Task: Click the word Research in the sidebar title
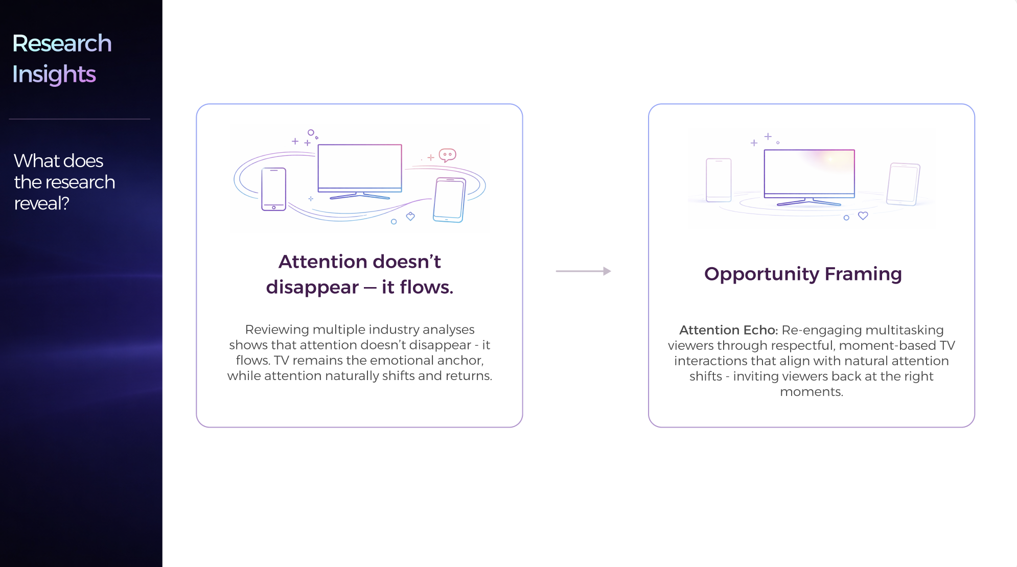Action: click(62, 43)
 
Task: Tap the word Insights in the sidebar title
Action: click(54, 75)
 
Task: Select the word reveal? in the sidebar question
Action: click(41, 203)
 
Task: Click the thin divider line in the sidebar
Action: click(80, 119)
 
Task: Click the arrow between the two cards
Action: click(583, 271)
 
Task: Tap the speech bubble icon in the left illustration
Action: click(447, 155)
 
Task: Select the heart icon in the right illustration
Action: click(863, 216)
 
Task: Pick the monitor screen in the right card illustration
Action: click(810, 173)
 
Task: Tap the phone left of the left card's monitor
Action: click(274, 190)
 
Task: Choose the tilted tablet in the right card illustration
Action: click(903, 184)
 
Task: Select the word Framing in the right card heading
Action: click(863, 274)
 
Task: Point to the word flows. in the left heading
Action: click(426, 287)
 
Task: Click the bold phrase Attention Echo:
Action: click(728, 330)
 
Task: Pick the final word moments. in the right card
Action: click(812, 392)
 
